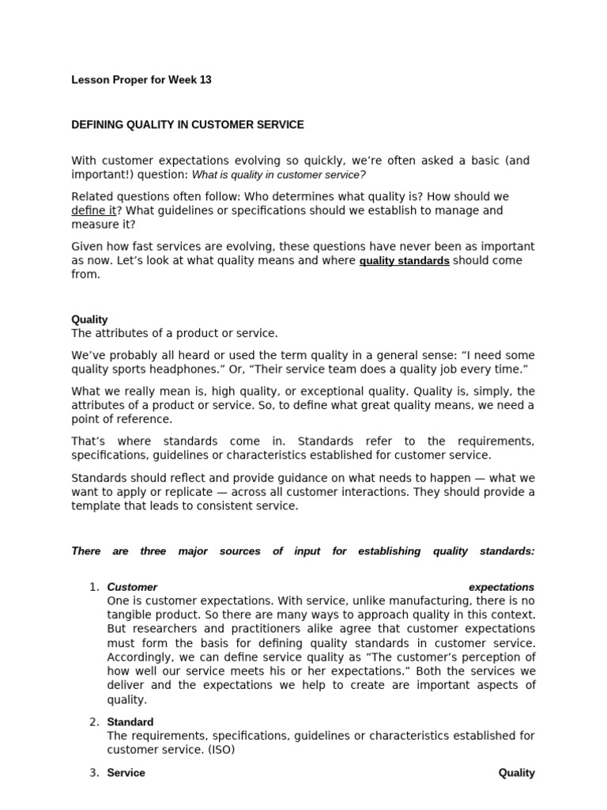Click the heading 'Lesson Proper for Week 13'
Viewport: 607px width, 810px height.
click(x=141, y=80)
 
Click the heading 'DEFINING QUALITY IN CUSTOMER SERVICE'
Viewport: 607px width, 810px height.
click(x=187, y=125)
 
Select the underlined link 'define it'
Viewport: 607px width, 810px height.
click(x=94, y=210)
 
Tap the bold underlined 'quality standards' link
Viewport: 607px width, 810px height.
click(x=404, y=260)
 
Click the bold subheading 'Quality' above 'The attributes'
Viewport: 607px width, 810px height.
click(x=89, y=320)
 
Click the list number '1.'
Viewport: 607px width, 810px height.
click(x=94, y=587)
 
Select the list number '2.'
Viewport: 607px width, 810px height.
click(x=94, y=721)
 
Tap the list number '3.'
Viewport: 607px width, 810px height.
click(x=94, y=773)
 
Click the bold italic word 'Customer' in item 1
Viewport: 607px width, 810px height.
click(x=132, y=587)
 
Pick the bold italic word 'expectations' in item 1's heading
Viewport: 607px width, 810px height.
click(x=501, y=587)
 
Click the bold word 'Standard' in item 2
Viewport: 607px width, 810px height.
click(x=130, y=721)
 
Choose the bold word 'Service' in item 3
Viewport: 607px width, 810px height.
click(x=126, y=773)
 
